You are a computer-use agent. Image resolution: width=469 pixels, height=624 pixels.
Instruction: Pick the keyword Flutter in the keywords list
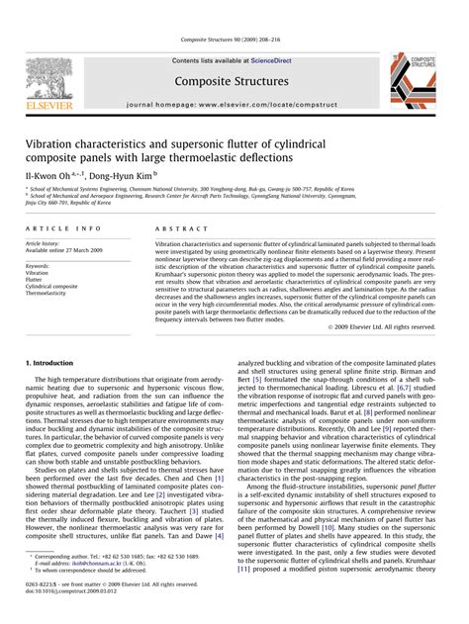[x=34, y=280]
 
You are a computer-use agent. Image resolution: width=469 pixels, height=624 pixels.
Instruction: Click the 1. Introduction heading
[x=54, y=363]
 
